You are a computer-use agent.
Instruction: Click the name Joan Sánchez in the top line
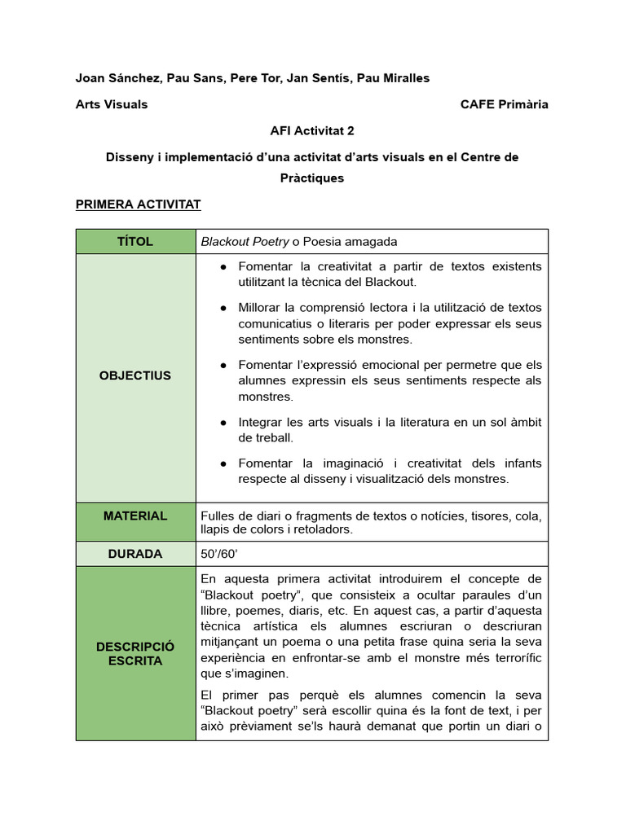(117, 77)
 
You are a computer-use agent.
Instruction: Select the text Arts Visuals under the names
(112, 104)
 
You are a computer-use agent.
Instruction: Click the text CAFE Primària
(504, 104)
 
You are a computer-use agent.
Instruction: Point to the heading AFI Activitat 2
(312, 130)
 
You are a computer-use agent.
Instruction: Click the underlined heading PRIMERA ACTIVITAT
(138, 204)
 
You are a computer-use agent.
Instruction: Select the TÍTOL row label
(135, 241)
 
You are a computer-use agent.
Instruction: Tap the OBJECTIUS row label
(135, 375)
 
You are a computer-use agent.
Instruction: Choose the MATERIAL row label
(135, 516)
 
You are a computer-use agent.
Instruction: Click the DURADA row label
(135, 554)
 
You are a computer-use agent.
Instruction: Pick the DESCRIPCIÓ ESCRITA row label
(135, 653)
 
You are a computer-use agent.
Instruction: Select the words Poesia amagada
(350, 241)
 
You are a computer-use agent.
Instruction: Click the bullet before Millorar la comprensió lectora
(223, 308)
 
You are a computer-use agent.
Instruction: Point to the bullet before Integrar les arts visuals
(223, 423)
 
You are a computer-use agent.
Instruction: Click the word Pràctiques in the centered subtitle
(312, 178)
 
